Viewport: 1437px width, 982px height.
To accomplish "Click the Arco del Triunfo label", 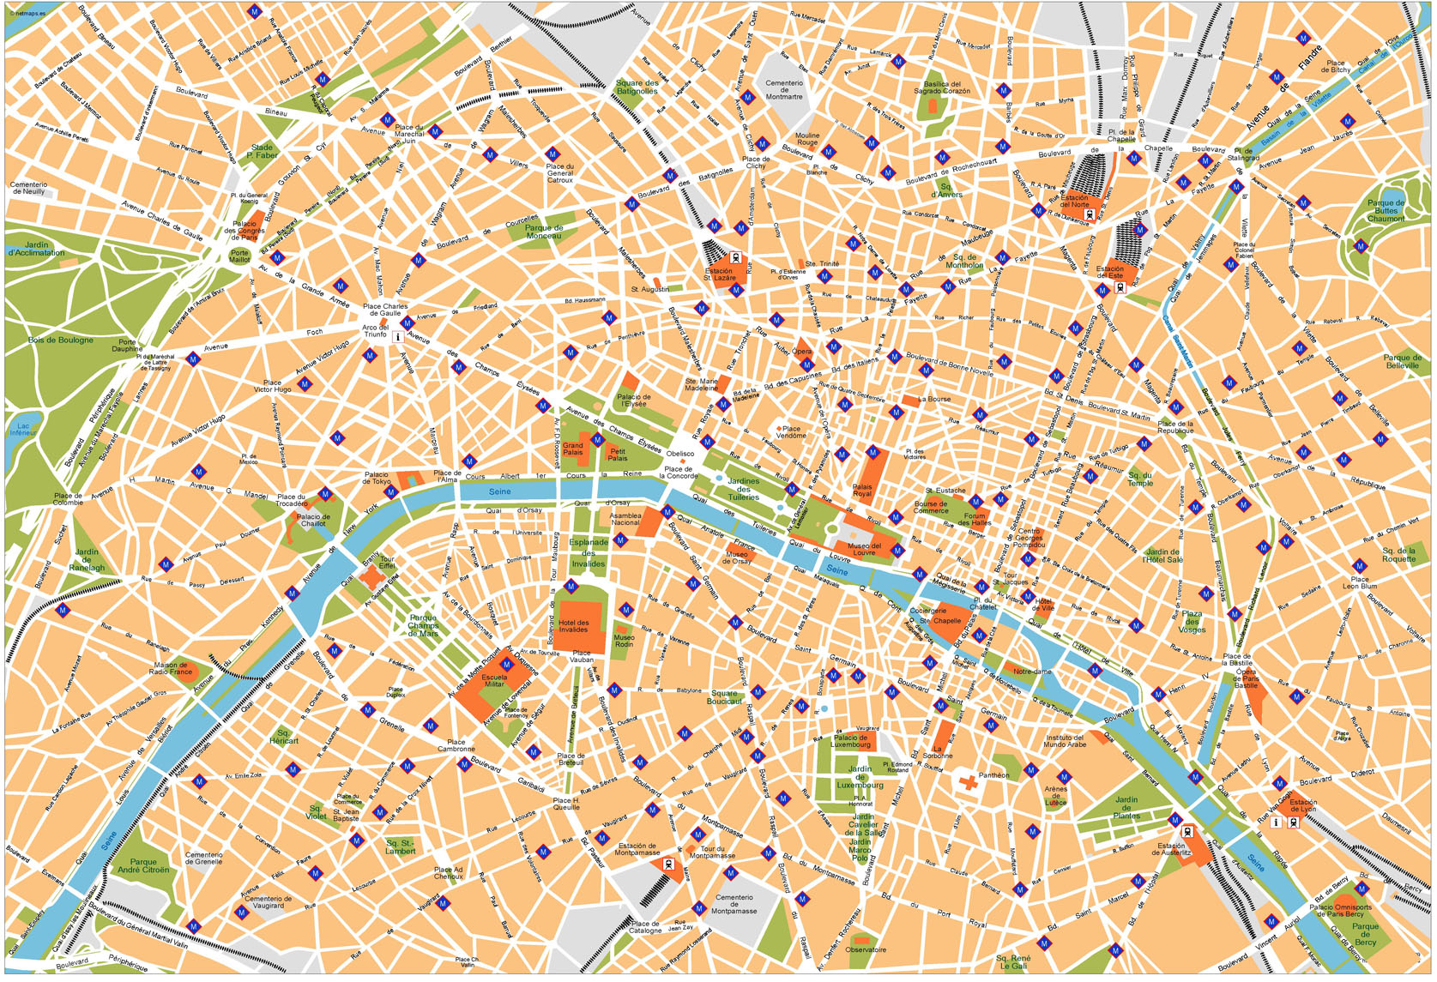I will pos(375,331).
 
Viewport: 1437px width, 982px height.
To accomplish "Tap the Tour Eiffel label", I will pos(387,563).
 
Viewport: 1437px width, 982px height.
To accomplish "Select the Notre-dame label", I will pos(1032,672).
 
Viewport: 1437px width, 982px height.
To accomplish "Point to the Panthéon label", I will pos(993,775).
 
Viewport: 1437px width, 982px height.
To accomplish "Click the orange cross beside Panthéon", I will pos(969,782).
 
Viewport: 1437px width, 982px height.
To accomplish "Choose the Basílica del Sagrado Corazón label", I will pos(941,87).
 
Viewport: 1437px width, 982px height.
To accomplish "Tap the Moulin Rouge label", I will pos(806,139).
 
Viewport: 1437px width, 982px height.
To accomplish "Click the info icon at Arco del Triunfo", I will pos(397,338).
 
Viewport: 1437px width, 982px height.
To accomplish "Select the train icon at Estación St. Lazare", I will pos(735,257).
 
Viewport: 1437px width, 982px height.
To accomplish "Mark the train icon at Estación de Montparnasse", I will pos(667,865).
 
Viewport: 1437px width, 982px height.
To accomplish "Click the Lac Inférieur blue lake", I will pos(23,429).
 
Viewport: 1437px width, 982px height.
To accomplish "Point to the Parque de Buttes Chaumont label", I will pos(1386,211).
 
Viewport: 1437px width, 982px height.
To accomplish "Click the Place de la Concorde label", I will pos(679,473).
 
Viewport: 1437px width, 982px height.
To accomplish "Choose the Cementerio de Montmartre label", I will pos(783,90).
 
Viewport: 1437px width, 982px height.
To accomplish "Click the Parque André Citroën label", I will pos(143,866).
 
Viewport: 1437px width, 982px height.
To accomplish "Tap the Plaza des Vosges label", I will pos(1192,622).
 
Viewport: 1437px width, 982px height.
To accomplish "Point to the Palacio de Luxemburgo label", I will pos(849,741).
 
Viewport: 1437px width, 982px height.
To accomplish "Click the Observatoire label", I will pos(866,949).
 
